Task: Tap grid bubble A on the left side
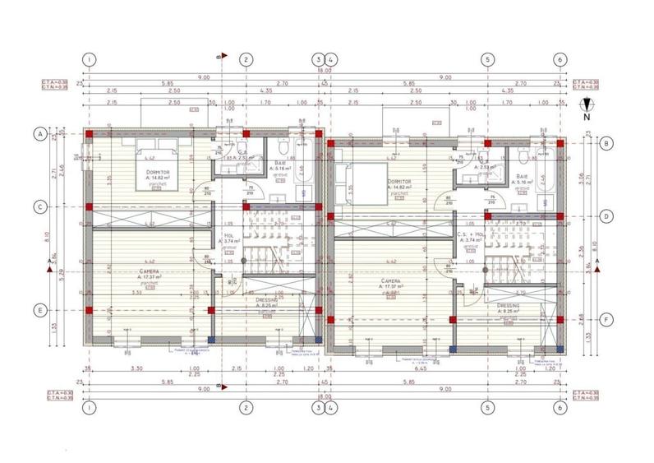pyautogui.click(x=39, y=133)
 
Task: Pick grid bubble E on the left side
pyautogui.click(x=39, y=310)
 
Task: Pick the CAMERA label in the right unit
pyautogui.click(x=391, y=281)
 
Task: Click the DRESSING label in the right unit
pyautogui.click(x=509, y=305)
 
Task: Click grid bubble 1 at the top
pyautogui.click(x=90, y=59)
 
